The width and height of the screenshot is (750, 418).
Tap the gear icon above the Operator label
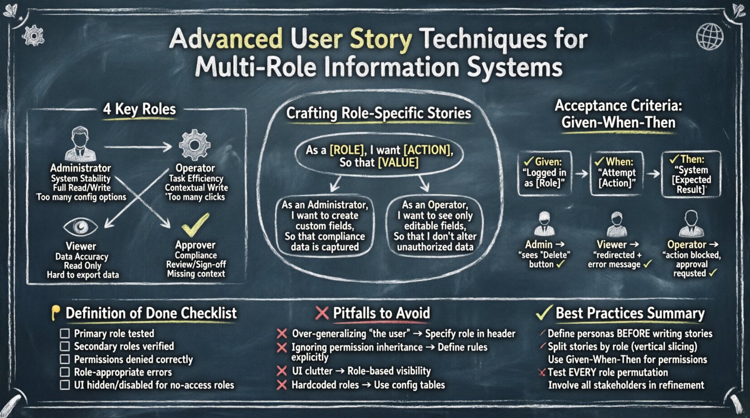pos(194,145)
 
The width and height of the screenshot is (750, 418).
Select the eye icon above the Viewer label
pos(80,227)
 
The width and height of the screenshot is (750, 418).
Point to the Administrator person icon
pos(80,144)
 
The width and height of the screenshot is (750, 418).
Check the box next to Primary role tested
pos(65,334)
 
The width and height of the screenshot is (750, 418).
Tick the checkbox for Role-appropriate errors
pos(65,373)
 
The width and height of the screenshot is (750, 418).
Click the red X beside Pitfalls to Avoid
pos(322,313)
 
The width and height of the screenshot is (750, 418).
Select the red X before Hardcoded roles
pos(282,385)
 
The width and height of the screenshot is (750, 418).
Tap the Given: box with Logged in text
pos(544,173)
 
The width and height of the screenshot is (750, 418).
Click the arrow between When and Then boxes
pos(653,173)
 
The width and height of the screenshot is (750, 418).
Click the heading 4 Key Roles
pos(139,109)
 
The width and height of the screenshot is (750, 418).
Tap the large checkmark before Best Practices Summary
pos(544,312)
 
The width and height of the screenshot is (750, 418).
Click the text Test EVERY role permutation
pos(608,373)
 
